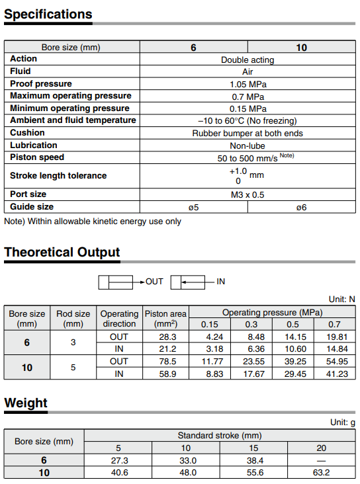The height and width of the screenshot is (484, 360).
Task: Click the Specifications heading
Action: (48, 15)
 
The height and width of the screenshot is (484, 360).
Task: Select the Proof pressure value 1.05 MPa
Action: (247, 84)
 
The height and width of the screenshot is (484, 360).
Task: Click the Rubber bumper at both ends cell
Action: (247, 133)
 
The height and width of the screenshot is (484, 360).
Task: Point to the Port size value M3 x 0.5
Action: (247, 194)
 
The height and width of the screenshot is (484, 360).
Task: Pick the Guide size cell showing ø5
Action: (193, 207)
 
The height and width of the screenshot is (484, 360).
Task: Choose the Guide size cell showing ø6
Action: (301, 207)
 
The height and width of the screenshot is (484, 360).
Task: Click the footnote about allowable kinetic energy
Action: (93, 222)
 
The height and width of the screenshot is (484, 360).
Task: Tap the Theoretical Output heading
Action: (62, 253)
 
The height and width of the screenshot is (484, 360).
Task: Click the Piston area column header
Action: (165, 319)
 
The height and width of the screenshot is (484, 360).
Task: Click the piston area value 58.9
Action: (166, 374)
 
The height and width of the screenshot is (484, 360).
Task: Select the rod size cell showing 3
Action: (73, 343)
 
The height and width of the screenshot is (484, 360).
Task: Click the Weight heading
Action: (26, 403)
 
